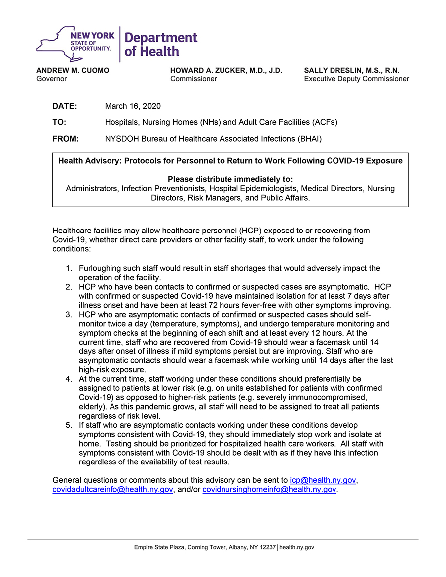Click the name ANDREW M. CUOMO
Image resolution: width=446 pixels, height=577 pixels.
point(73,71)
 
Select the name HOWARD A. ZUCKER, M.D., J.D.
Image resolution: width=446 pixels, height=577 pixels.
point(226,71)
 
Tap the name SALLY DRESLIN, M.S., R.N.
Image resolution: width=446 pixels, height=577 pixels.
point(351,71)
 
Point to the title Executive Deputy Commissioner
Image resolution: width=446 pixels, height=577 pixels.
point(356,79)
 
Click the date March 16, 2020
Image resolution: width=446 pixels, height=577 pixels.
point(133,106)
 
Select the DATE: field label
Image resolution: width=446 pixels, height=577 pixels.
point(65,106)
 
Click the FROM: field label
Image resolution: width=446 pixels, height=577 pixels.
point(66,139)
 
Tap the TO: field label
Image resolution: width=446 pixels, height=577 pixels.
point(59,122)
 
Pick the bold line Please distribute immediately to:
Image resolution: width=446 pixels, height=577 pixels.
point(230,179)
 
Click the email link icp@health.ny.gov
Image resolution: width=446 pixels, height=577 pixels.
point(323,480)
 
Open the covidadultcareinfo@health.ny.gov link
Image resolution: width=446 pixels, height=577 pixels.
point(112,490)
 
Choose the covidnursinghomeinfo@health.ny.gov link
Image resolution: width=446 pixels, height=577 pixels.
point(269,490)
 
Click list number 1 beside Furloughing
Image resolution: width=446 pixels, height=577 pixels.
point(69,269)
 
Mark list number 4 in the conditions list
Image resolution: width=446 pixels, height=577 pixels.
point(69,379)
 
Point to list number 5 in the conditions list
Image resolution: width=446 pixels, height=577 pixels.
point(69,425)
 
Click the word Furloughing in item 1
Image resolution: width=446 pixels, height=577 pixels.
point(102,269)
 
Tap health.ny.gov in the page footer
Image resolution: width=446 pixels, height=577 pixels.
point(297,548)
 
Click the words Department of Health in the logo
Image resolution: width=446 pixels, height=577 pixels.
point(161,44)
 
